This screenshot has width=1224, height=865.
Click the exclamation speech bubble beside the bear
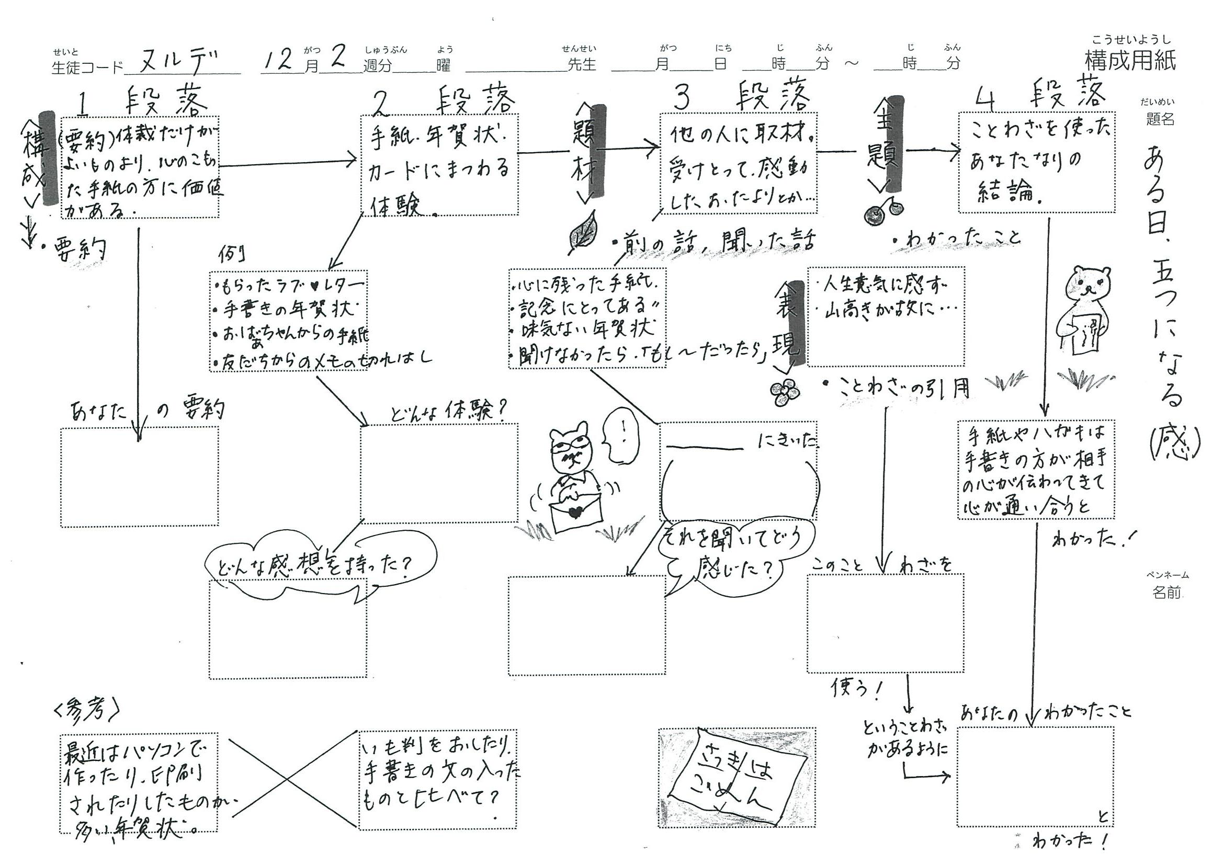pyautogui.click(x=619, y=435)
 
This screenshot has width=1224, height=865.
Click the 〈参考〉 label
pyautogui.click(x=86, y=709)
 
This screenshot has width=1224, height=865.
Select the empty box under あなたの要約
pyautogui.click(x=139, y=476)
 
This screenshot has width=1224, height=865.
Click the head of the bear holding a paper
pyautogui.click(x=1087, y=288)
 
